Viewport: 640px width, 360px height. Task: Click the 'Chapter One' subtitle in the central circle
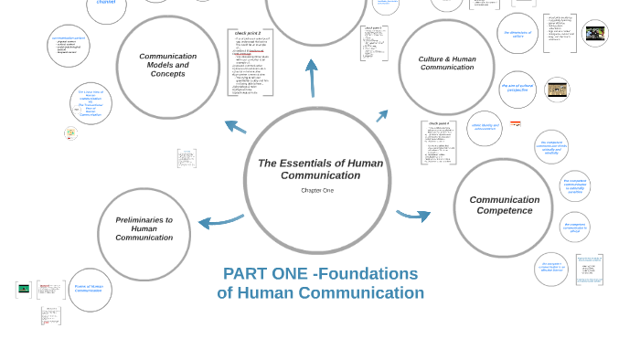(317, 190)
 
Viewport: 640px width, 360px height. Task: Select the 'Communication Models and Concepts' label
(167, 65)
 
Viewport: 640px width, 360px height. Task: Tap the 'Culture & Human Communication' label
(447, 63)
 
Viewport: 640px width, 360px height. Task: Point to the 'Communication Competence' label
(504, 206)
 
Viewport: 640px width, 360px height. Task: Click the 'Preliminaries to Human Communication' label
(144, 228)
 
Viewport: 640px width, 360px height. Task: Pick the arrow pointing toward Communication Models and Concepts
(235, 126)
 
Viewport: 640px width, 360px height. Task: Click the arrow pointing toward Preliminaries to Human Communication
(219, 220)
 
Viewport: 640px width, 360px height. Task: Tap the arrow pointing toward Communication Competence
(414, 216)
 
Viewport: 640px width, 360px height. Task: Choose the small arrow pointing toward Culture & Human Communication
(382, 116)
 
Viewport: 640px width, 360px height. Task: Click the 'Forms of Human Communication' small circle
(90, 289)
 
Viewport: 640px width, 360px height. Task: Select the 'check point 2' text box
(250, 62)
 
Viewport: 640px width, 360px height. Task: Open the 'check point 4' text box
(439, 143)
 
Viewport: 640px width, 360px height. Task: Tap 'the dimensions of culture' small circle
(517, 34)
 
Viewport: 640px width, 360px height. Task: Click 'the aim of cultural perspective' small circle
(517, 89)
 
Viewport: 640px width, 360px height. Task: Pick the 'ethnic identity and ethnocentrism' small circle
(485, 128)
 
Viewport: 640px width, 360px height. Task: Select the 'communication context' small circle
(68, 46)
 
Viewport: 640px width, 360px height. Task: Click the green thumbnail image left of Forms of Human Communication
(24, 289)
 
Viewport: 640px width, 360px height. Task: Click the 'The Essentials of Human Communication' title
(320, 169)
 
